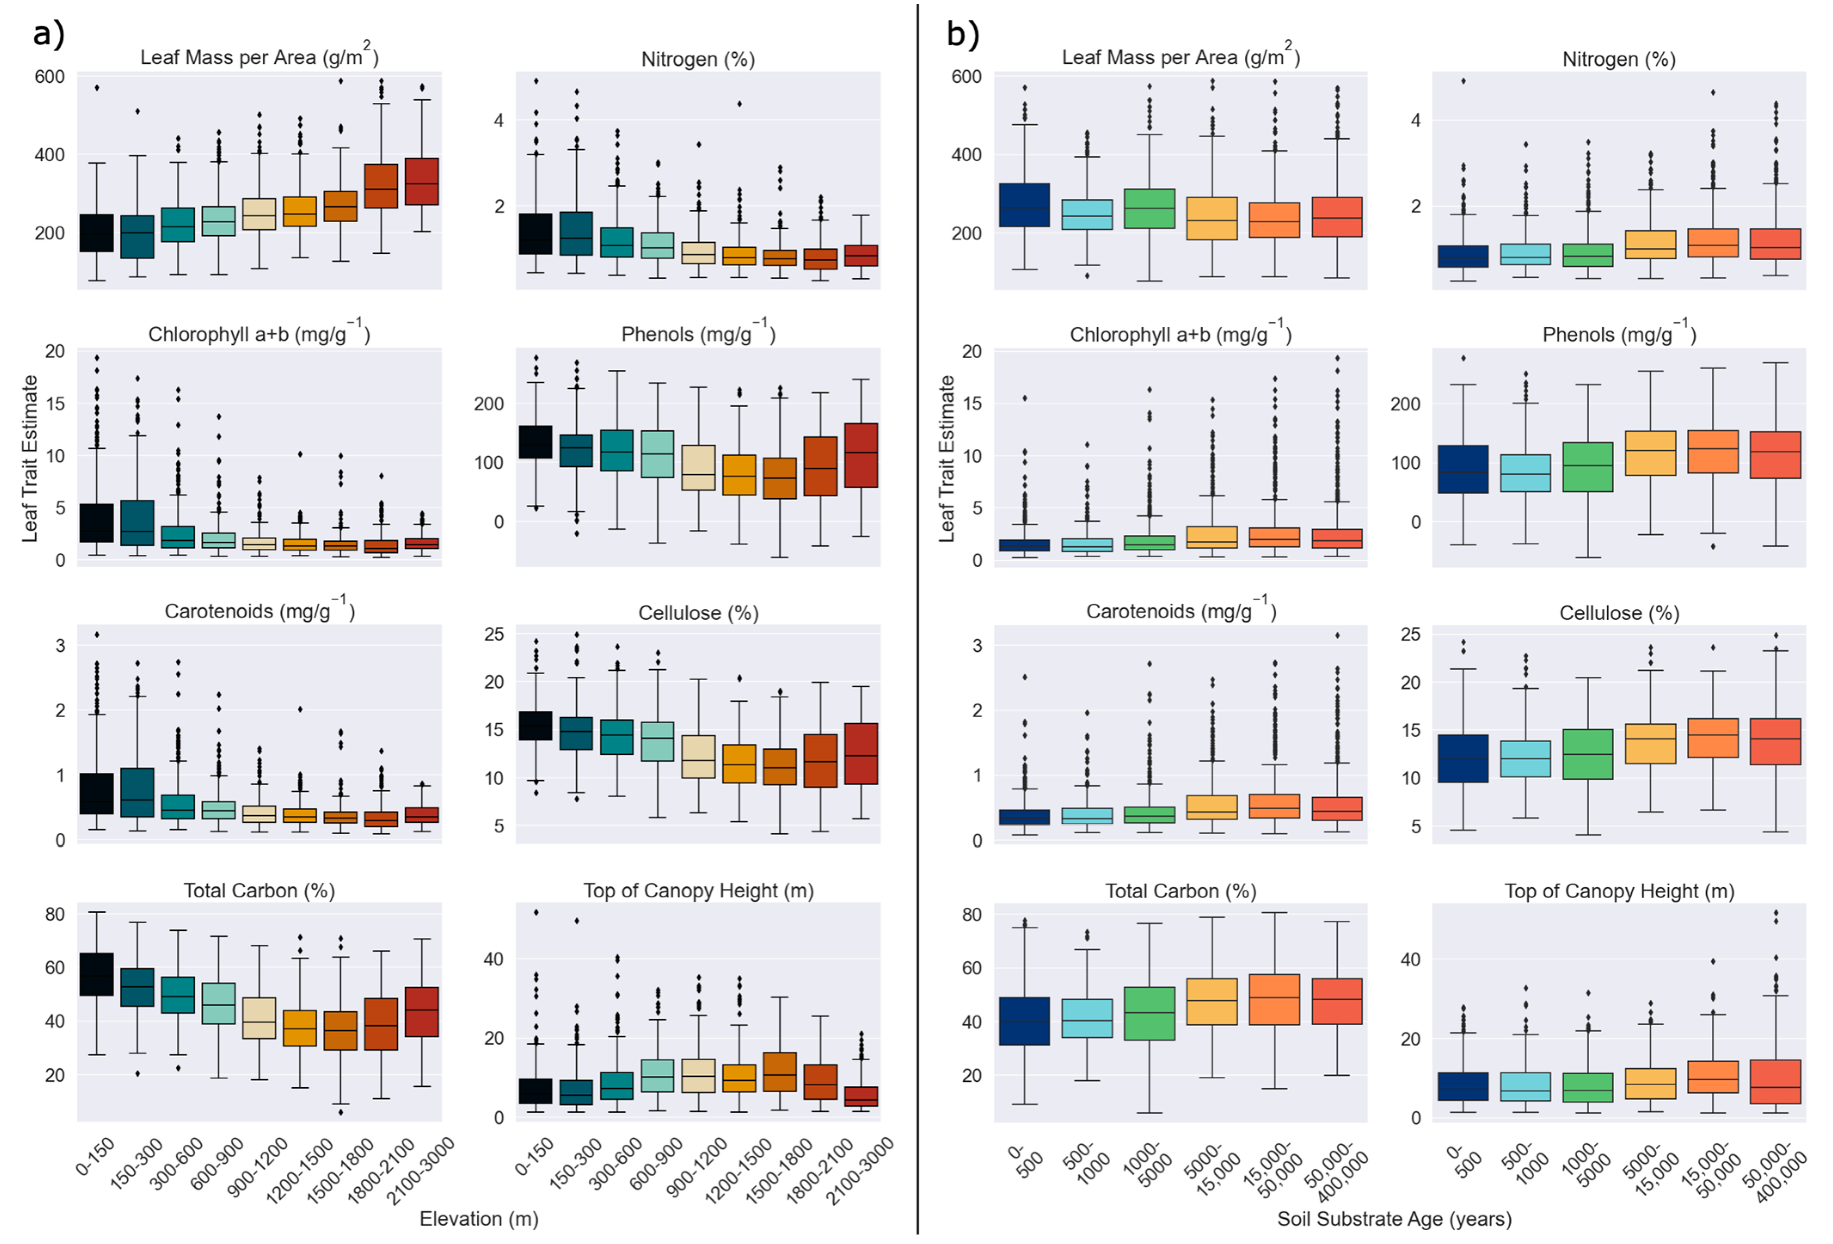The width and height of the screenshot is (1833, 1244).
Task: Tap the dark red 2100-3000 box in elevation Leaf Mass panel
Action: click(422, 181)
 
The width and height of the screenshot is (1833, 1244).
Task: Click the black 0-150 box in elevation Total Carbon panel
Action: click(96, 974)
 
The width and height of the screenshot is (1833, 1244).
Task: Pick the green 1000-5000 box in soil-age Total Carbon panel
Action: click(1149, 1014)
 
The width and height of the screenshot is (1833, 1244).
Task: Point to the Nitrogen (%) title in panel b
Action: click(1619, 59)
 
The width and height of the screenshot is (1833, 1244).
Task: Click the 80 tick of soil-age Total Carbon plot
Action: click(972, 914)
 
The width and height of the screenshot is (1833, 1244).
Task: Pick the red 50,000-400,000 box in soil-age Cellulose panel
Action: click(1775, 741)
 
